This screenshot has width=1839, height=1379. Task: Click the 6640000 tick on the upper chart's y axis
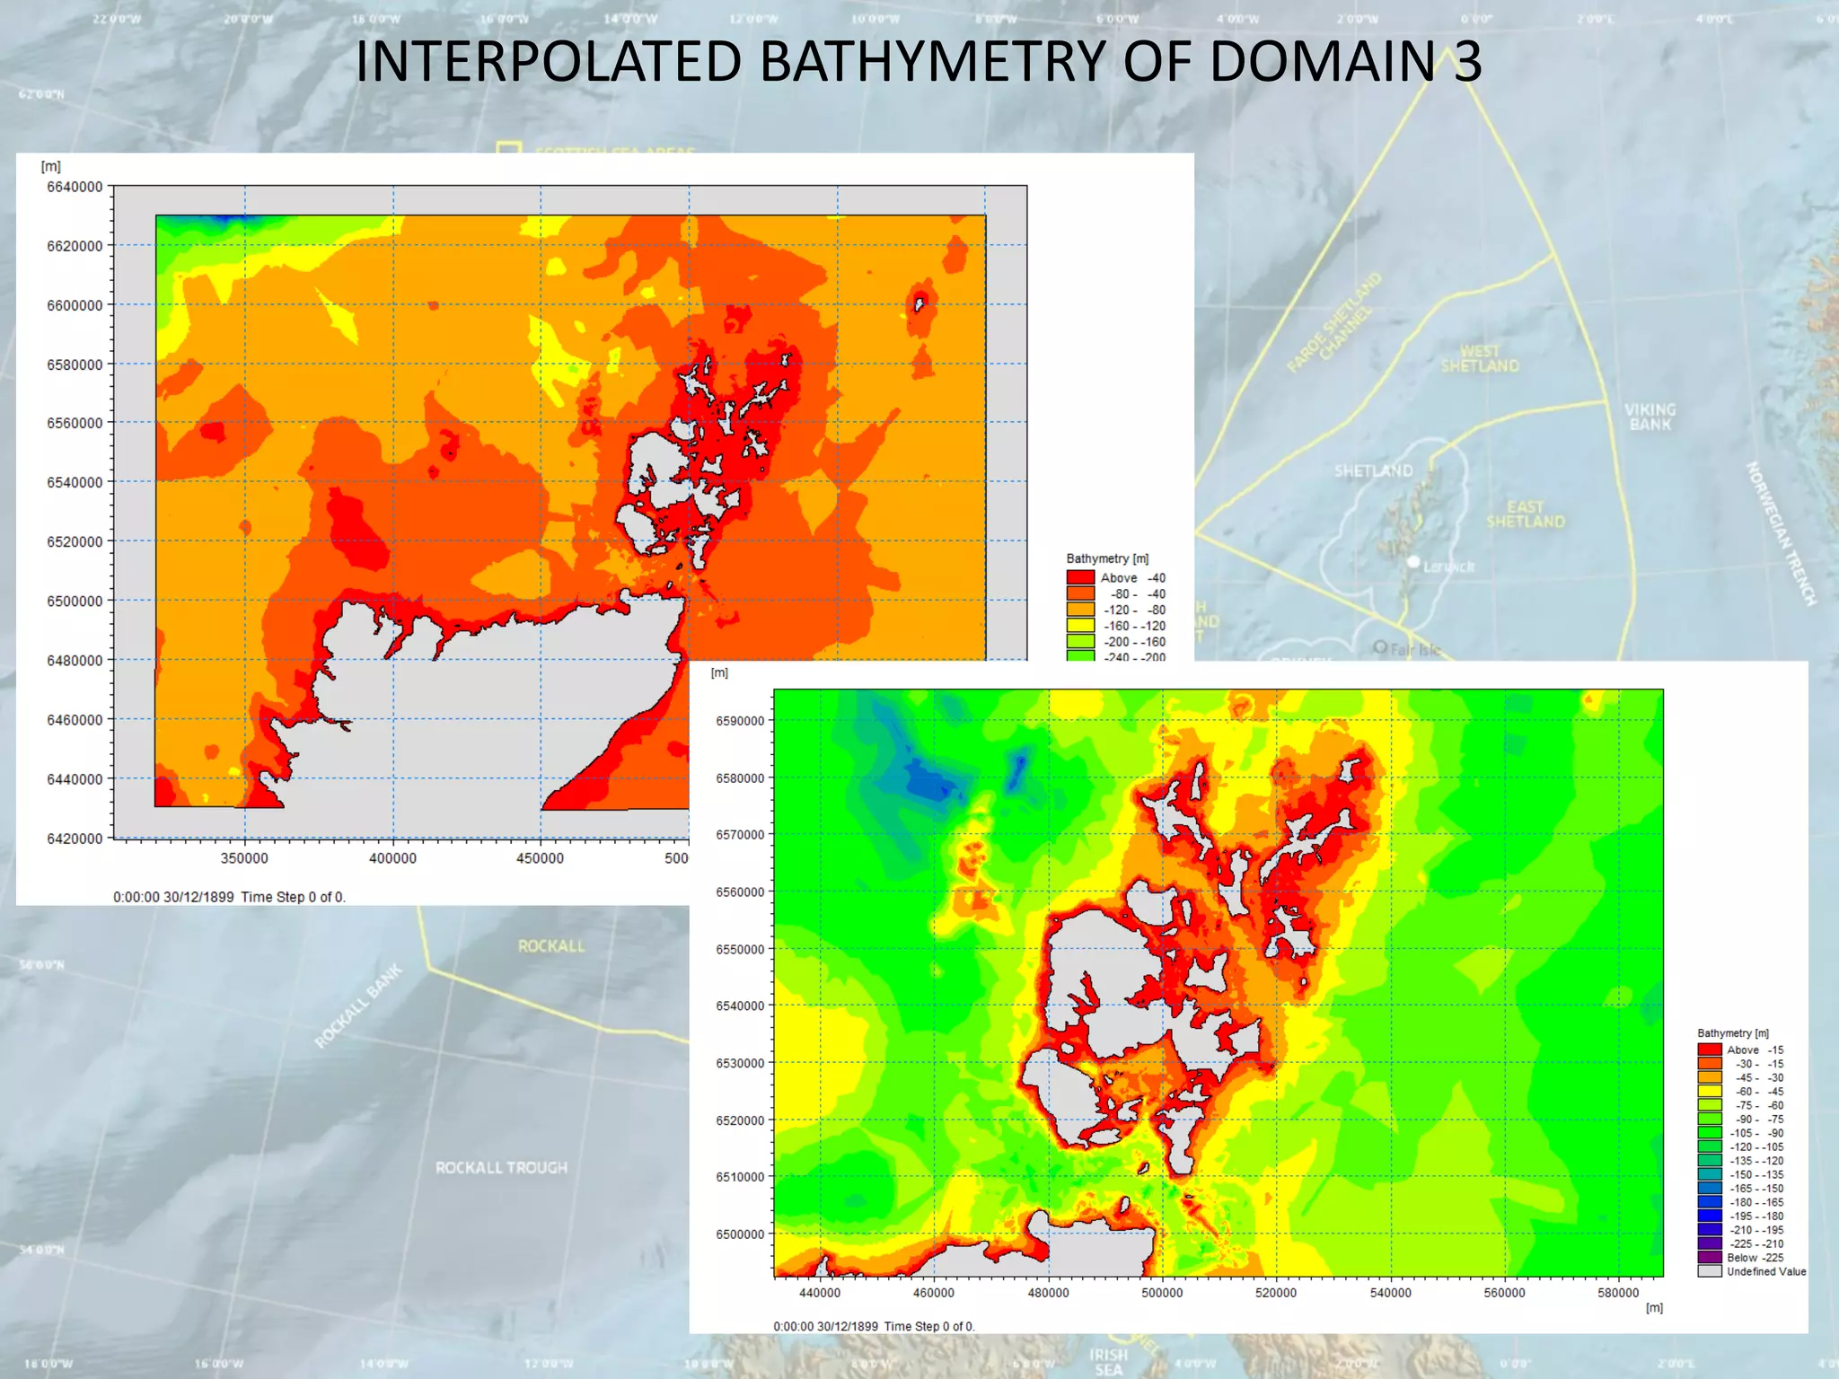click(x=75, y=187)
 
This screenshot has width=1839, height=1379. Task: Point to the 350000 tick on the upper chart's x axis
click(x=244, y=858)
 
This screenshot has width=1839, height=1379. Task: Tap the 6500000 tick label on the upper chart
click(x=75, y=601)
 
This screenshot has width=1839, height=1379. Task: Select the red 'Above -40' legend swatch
click(x=1080, y=578)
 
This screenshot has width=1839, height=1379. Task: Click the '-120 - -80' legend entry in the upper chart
click(x=1134, y=610)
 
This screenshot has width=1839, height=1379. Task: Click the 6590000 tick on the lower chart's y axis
click(x=740, y=721)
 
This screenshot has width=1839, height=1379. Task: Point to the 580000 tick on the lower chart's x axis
click(x=1618, y=1293)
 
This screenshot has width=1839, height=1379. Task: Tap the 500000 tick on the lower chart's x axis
click(x=1162, y=1293)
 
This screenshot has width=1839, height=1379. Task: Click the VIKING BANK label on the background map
click(x=1650, y=417)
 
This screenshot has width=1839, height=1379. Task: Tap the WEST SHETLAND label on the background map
click(x=1480, y=358)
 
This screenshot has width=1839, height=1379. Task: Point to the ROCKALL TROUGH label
click(x=501, y=1168)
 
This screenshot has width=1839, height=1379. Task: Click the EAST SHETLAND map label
click(x=1525, y=514)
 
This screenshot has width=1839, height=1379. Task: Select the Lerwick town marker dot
click(x=1413, y=562)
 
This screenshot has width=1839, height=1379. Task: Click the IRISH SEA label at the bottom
click(x=1108, y=1361)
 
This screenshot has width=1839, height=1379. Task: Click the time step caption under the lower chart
click(x=874, y=1326)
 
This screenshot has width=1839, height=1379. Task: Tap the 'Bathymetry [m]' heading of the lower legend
click(x=1732, y=1033)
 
